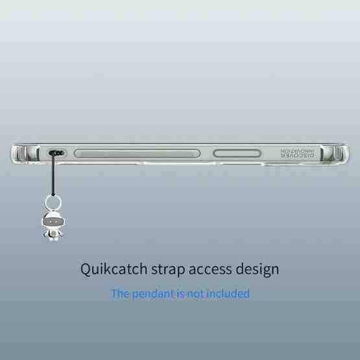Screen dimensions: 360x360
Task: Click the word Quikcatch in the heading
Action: point(114,269)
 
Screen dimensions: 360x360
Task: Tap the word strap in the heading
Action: point(168,270)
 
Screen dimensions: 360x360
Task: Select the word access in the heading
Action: point(210,270)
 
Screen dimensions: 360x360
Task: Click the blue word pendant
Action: point(153,294)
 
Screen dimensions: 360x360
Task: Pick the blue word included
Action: point(228,293)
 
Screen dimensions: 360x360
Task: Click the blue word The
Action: point(120,293)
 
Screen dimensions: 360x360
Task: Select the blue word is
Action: point(180,294)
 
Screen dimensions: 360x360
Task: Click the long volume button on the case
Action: point(137,153)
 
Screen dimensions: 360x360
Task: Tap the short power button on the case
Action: point(237,153)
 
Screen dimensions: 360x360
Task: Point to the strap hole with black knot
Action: point(56,152)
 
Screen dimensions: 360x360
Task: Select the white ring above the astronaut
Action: point(53,202)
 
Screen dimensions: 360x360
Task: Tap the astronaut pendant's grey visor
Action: point(53,222)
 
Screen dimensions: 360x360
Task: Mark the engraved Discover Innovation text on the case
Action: point(297,153)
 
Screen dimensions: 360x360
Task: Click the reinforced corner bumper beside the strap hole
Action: point(25,153)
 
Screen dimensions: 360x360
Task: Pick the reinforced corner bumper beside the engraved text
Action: point(335,153)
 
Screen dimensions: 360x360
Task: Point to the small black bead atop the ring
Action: point(53,195)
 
